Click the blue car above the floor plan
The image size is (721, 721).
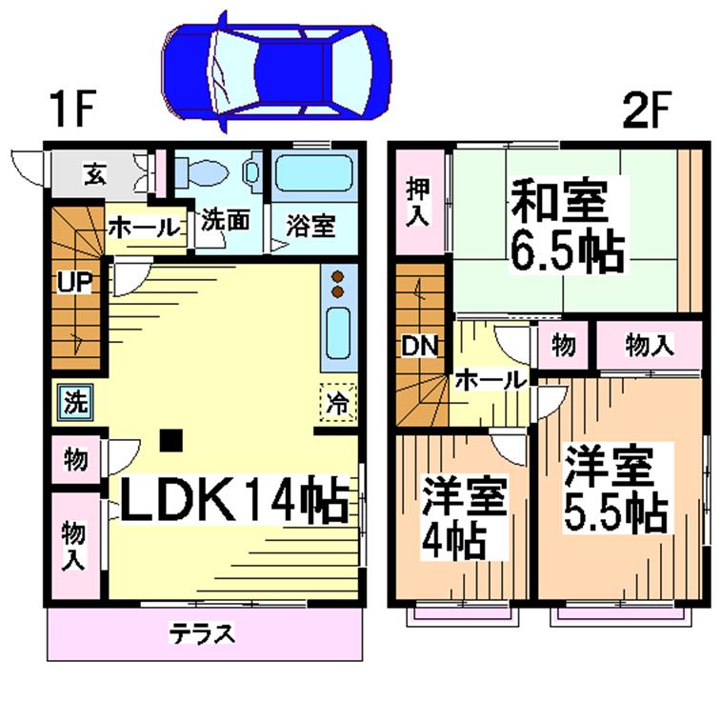tap(276, 72)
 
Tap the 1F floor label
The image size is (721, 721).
tap(74, 109)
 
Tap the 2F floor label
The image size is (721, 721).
tap(641, 109)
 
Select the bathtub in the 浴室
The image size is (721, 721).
tap(314, 173)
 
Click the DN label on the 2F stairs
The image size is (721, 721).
tap(419, 346)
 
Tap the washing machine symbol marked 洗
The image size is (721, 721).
tap(75, 403)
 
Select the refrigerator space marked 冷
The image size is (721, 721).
tap(338, 403)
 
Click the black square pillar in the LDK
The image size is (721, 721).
tap(171, 440)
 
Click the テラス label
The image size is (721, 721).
tap(202, 634)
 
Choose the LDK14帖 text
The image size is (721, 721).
tap(233, 501)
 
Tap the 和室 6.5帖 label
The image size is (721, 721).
tap(568, 225)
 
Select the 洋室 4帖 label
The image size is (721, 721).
tap(465, 518)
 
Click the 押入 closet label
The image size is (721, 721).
tap(418, 202)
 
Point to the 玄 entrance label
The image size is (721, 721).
tap(95, 173)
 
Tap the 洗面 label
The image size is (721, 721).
tap(226, 220)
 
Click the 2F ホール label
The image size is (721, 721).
tap(491, 380)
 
